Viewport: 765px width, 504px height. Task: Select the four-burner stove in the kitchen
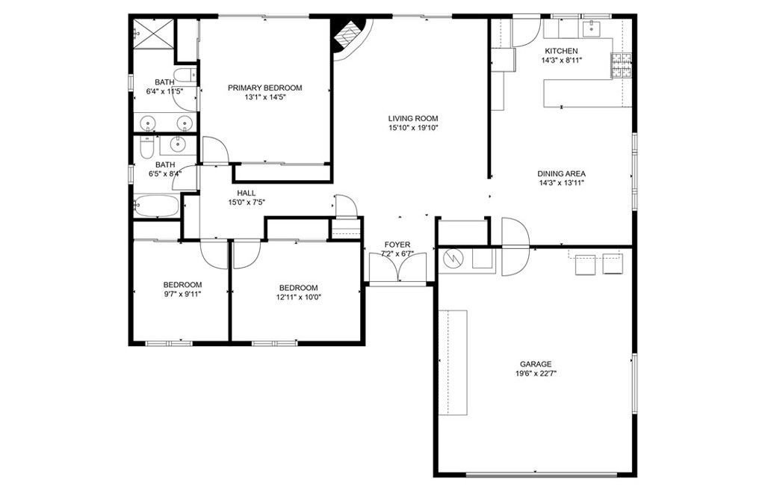622,66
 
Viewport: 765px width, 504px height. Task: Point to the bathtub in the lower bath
156,206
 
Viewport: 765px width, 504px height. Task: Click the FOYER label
397,245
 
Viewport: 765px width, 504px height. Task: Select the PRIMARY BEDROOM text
265,87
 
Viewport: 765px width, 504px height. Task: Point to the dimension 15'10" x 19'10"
412,128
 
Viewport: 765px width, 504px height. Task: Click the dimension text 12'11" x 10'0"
298,297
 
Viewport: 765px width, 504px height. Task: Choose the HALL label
246,193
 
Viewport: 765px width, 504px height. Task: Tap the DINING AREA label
561,173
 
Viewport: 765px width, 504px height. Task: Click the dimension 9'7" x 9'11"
183,294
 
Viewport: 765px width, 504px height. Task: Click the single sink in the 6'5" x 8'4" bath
178,144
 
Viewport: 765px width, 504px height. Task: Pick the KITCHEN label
561,51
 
